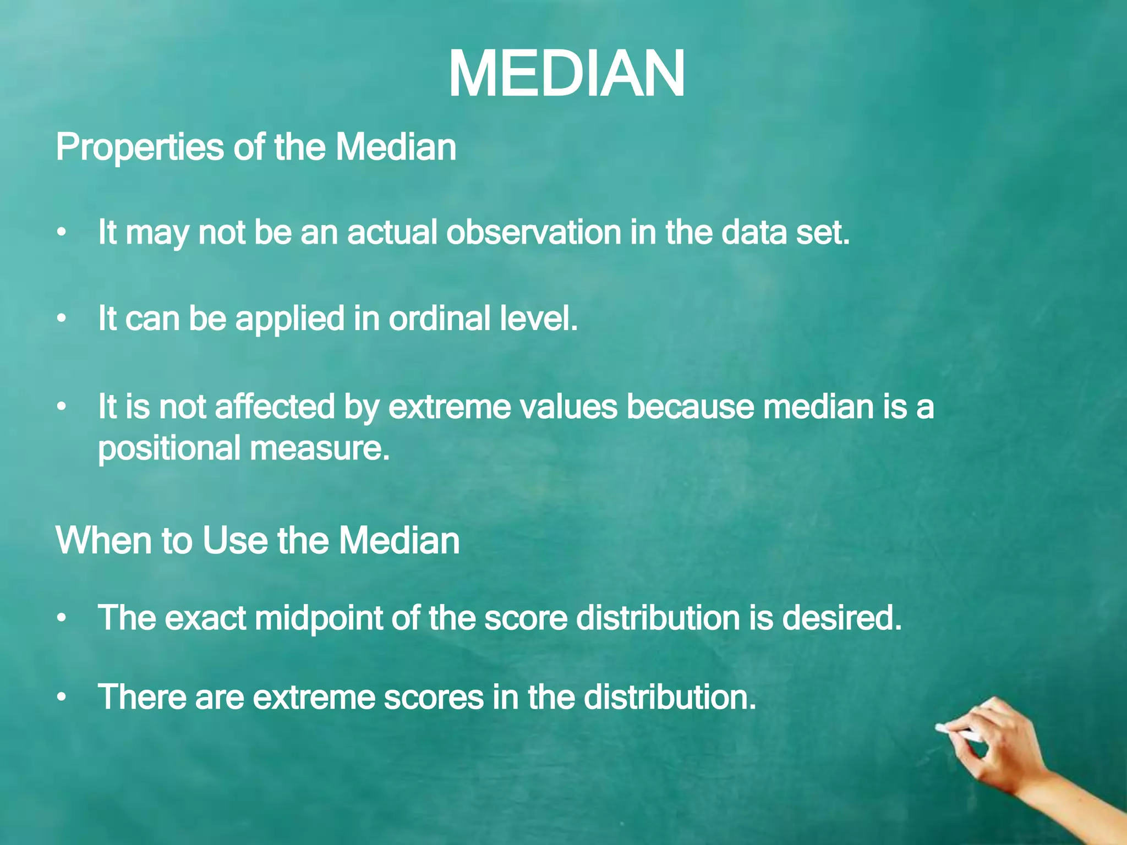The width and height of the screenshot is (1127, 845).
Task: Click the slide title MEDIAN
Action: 567,74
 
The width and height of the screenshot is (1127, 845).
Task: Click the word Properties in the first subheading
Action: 140,149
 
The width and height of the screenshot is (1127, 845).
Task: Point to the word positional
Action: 169,448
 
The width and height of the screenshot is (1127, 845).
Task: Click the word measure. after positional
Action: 320,448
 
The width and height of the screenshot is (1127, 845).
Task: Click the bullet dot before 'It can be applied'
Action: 62,319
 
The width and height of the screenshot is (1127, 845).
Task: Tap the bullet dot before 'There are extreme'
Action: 62,698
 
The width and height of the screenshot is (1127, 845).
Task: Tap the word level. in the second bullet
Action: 539,319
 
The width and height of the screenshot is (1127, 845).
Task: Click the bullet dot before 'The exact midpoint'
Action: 62,619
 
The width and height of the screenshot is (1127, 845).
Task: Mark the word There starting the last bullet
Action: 141,697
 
